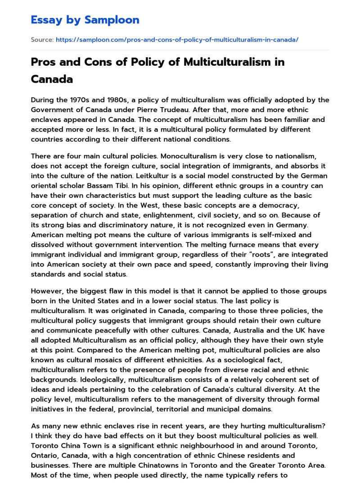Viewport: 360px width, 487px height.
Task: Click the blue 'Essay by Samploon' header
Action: click(85, 20)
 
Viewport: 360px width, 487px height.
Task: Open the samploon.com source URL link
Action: click(177, 40)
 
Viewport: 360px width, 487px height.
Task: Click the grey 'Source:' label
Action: click(42, 40)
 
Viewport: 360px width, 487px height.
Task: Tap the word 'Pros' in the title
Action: click(45, 62)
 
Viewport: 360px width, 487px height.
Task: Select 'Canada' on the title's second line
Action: click(52, 79)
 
